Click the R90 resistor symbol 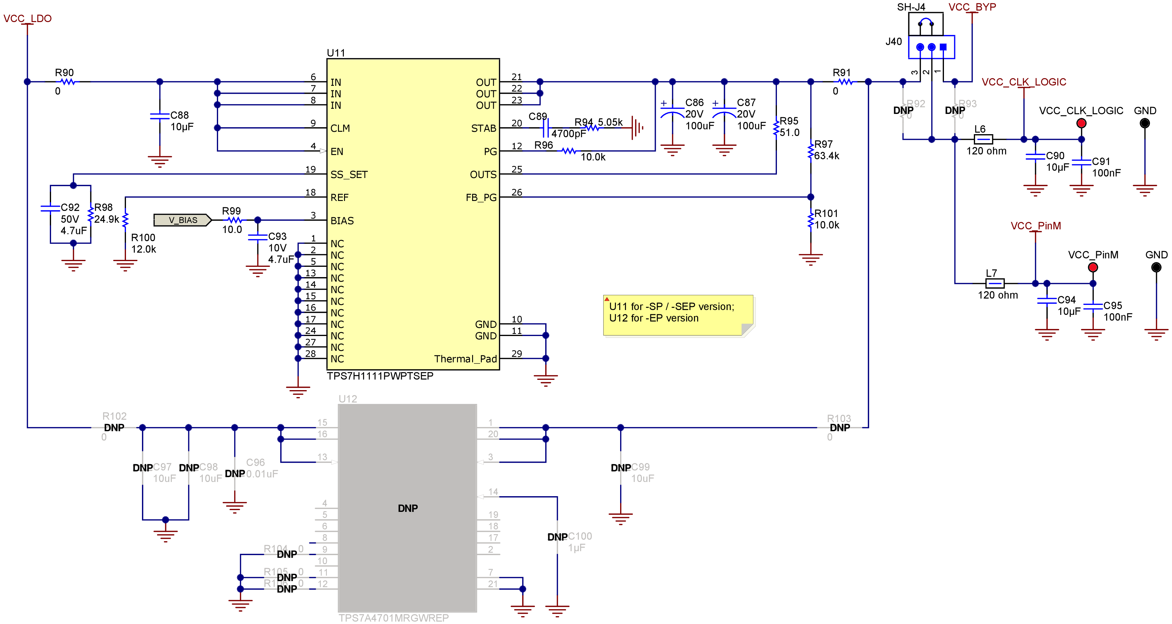click(68, 82)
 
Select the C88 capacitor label click(179, 115)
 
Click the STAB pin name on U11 click(484, 128)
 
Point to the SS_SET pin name click(349, 175)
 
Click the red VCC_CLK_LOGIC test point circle click(1081, 123)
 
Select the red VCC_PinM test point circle click(1093, 267)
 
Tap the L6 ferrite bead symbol click(983, 139)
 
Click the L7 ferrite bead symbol click(995, 283)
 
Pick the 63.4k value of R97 click(827, 156)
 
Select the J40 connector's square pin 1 click(943, 47)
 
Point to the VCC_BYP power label click(972, 7)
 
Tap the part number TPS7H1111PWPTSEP click(380, 376)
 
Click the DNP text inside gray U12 click(408, 508)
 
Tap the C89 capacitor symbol click(546, 128)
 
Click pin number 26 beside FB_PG click(517, 192)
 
